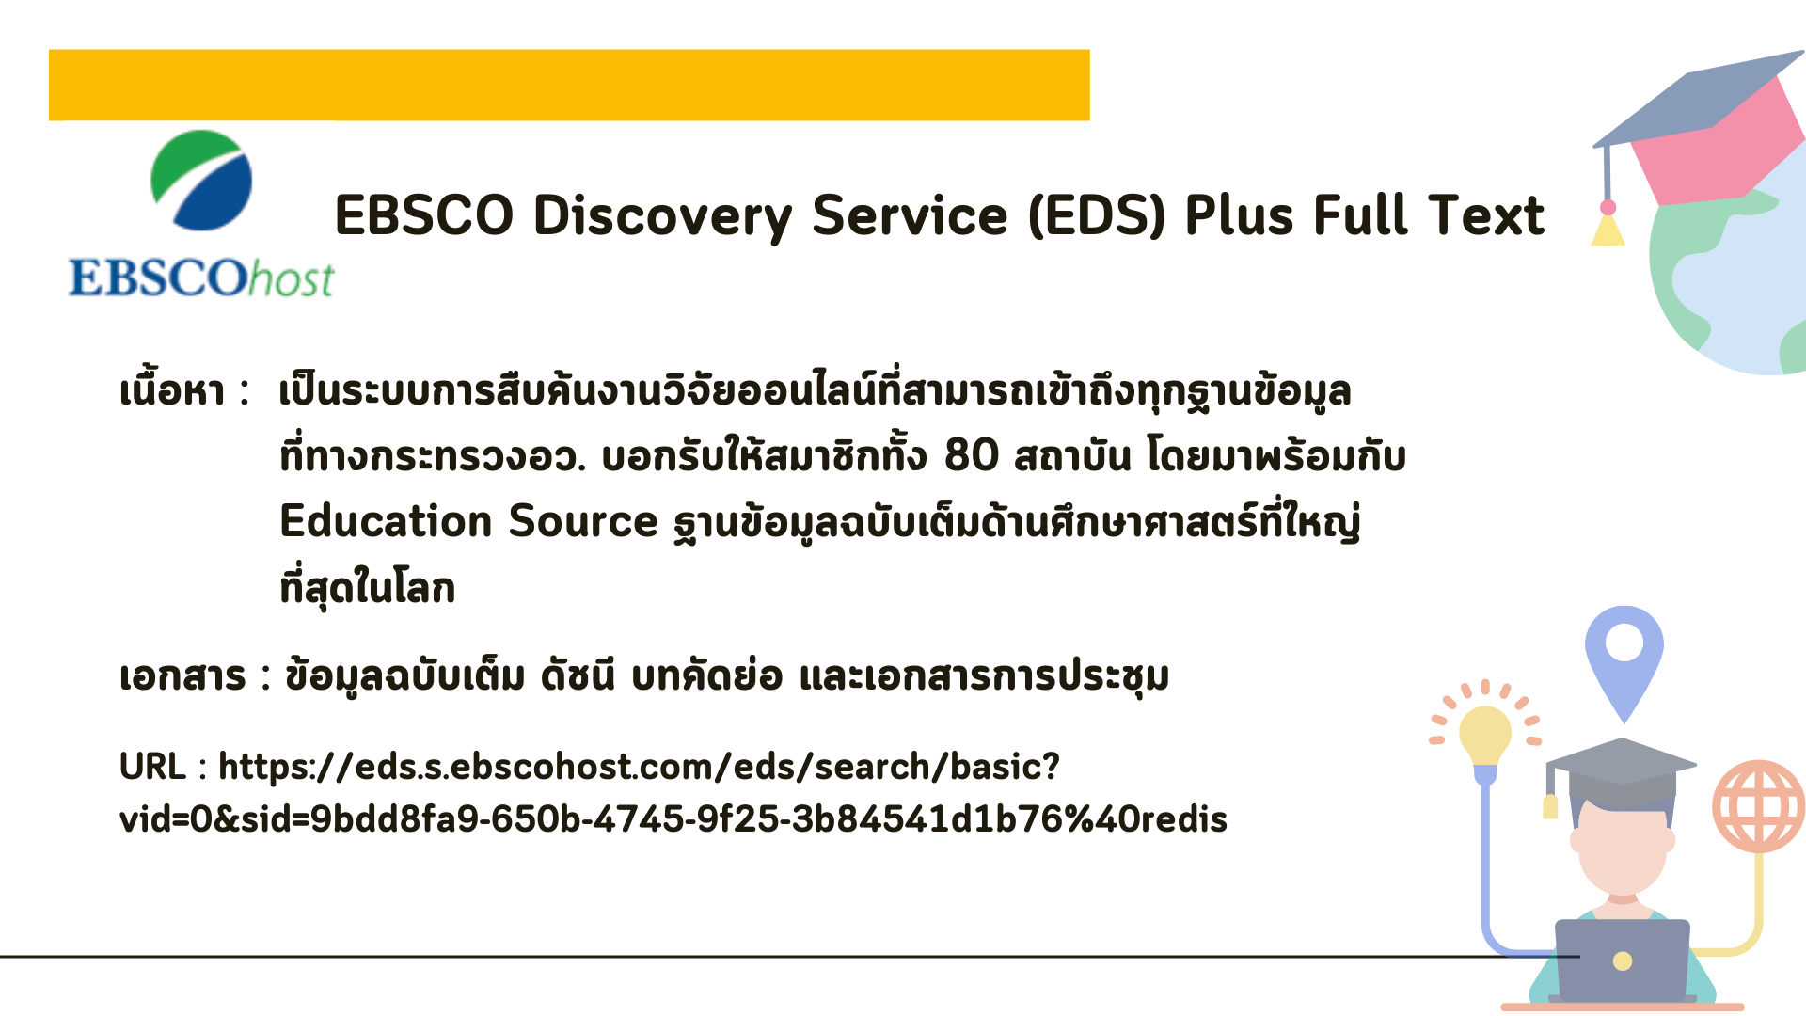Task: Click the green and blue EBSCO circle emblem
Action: click(x=201, y=181)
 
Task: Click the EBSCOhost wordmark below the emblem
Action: click(x=201, y=278)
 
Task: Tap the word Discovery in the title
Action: click(x=663, y=215)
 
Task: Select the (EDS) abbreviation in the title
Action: click(x=1097, y=215)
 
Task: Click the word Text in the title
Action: click(x=1486, y=215)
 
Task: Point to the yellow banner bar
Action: click(x=569, y=85)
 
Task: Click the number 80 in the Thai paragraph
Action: click(x=972, y=455)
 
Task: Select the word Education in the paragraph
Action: click(x=387, y=520)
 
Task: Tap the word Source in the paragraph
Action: click(x=583, y=520)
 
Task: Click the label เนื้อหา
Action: click(x=172, y=389)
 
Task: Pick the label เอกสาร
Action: click(x=182, y=676)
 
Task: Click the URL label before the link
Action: click(x=152, y=767)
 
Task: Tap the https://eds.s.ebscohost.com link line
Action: click(x=640, y=768)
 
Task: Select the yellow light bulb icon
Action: click(x=1485, y=738)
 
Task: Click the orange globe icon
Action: click(x=1759, y=806)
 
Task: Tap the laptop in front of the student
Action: click(x=1623, y=960)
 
